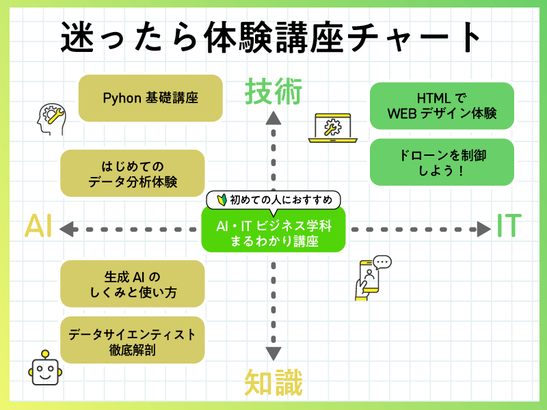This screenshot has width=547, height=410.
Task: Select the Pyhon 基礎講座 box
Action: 150,98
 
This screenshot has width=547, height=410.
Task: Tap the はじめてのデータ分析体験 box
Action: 133,173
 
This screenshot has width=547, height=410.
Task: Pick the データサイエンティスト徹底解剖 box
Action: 133,340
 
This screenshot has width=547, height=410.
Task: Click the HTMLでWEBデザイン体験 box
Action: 441,105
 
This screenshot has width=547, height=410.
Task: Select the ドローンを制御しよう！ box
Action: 441,162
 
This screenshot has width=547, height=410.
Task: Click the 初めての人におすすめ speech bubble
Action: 273,200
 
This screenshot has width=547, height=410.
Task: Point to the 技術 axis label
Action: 273,92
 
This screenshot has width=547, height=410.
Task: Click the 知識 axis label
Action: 273,383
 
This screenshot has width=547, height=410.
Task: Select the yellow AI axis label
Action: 39,227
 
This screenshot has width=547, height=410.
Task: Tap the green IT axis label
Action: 509,226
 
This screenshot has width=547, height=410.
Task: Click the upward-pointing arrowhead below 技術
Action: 273,119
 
